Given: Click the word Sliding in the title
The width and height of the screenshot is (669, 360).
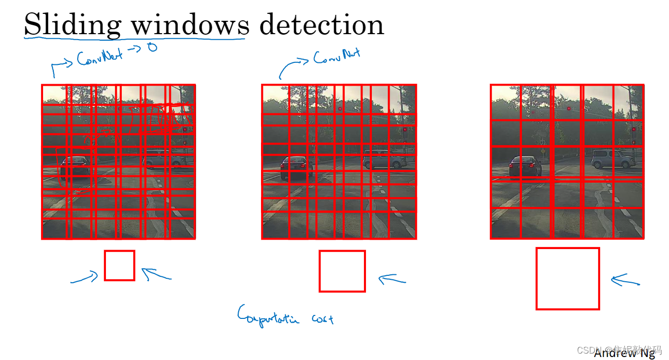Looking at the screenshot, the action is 72,25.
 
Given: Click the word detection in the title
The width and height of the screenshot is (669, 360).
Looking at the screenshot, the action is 321,25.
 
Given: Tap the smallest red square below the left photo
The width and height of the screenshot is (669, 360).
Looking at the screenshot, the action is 119,265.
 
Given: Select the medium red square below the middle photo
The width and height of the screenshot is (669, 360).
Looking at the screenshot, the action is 342,271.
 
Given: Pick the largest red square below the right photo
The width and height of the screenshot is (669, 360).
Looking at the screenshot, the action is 567,278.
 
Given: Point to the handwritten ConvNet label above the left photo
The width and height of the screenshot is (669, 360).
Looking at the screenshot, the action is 102,57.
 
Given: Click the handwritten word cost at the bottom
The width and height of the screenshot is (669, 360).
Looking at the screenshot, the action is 322,318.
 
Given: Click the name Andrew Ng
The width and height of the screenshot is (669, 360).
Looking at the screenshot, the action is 624,354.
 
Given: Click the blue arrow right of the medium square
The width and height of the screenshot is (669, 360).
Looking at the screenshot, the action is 392,280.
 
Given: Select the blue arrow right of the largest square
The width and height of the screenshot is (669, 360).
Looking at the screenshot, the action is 625,281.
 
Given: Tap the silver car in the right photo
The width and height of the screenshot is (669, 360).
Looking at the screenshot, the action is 613,158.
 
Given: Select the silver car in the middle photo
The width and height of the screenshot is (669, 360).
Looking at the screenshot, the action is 384,159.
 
